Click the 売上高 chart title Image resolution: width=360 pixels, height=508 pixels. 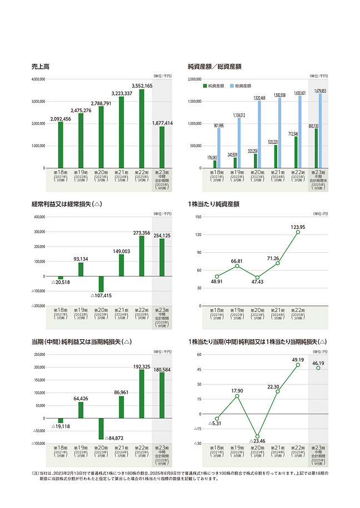click(x=41, y=67)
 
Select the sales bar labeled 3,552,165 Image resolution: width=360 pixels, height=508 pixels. click(x=142, y=128)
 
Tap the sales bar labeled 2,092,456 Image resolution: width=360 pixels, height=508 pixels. click(x=61, y=144)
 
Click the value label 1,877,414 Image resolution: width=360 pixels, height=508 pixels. click(x=162, y=123)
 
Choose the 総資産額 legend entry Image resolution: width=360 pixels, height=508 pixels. click(x=241, y=86)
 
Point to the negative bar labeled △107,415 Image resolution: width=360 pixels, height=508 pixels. click(x=101, y=284)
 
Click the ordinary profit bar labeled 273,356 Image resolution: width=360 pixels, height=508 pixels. click(x=142, y=256)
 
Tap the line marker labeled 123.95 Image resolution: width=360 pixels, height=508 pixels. click(x=298, y=232)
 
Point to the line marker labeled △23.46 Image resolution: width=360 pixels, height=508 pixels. click(x=257, y=437)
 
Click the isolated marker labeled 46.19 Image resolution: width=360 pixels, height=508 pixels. click(x=318, y=368)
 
